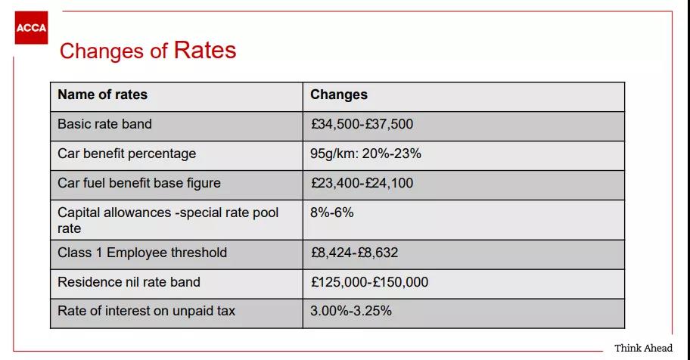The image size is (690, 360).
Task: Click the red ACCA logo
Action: point(31,28)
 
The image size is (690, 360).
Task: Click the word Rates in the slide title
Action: point(205,50)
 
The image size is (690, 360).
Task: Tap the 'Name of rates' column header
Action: point(103,95)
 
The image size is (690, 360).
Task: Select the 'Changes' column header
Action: point(339,95)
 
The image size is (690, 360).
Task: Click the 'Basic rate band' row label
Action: point(104,124)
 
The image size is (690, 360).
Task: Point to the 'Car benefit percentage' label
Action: point(127,154)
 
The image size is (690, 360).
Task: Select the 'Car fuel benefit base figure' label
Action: point(139,183)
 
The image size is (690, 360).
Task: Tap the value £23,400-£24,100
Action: point(362,183)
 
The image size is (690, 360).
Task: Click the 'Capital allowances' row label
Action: point(168,220)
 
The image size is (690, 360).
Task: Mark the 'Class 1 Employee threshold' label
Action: point(142,253)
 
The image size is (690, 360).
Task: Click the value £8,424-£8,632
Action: point(354,253)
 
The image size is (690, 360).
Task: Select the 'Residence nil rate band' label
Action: point(129,282)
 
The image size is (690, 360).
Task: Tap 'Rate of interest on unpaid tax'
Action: point(146,311)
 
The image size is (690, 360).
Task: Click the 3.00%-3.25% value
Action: point(351,311)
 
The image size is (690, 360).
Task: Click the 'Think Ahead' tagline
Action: point(643,348)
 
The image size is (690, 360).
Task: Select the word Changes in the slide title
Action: point(101,51)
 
